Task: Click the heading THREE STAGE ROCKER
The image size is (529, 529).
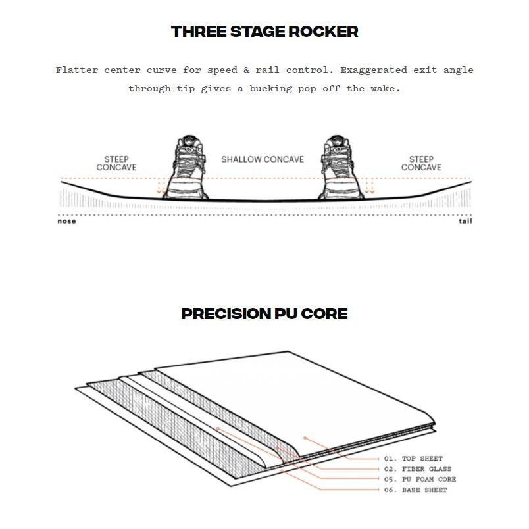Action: point(264,32)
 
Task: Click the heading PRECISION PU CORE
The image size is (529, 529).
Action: point(264,314)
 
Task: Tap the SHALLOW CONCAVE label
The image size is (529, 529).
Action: point(262,159)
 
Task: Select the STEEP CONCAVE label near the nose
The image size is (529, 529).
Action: point(116,163)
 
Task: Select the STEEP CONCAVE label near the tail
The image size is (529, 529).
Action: point(421,163)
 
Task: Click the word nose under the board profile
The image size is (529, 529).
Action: point(66,221)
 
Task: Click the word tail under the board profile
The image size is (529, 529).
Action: point(465,221)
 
